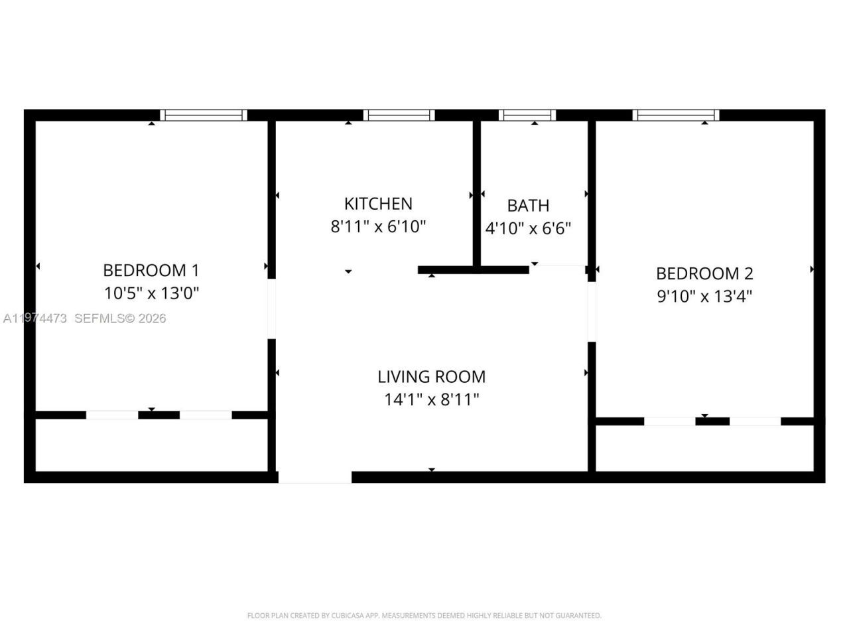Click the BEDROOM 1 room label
coord(151,270)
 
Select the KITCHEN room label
coord(378,204)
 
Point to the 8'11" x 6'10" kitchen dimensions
coord(378,226)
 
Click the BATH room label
coord(528,206)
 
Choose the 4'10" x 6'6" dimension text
coord(528,229)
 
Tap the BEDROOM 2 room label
coord(704,273)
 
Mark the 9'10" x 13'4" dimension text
coord(704,296)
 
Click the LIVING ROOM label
coord(431,377)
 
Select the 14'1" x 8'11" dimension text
coord(431,399)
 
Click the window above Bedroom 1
coord(204,115)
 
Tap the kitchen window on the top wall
coord(399,115)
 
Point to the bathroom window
coord(527,115)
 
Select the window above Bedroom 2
coord(676,115)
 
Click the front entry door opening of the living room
coord(314,477)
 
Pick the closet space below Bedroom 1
coord(151,445)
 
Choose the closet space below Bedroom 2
coord(704,449)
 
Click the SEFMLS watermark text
coord(119,318)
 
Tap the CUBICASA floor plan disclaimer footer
coord(424,616)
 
